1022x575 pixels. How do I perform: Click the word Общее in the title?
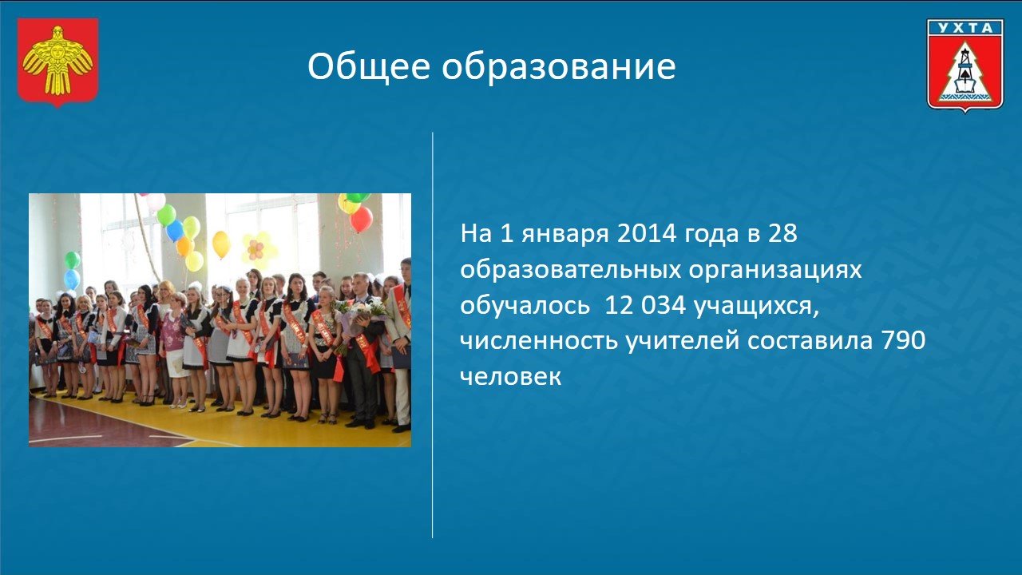(369, 67)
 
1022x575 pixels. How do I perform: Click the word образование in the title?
(558, 66)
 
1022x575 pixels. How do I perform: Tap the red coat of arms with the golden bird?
(58, 62)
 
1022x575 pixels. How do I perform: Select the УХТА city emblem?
(965, 65)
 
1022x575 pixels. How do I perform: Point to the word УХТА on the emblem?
(965, 28)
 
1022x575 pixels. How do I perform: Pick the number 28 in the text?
(782, 233)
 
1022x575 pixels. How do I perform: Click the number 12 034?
(644, 305)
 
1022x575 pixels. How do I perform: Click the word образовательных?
(570, 270)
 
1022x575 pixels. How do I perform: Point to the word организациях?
(775, 272)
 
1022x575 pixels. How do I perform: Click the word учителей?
(682, 342)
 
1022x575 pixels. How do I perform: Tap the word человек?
(510, 378)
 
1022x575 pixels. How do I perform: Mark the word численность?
(539, 342)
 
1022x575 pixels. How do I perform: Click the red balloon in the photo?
(362, 219)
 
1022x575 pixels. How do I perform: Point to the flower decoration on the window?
(258, 250)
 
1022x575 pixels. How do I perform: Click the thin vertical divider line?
(433, 335)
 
